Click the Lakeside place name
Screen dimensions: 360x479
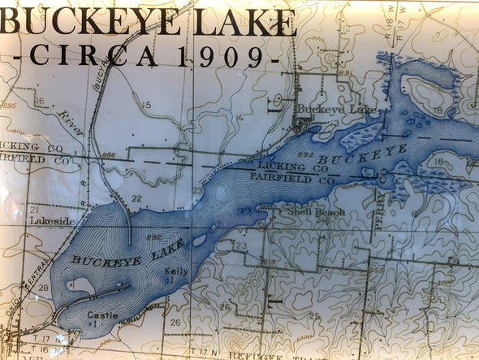[52, 220]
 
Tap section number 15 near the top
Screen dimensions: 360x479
[146, 106]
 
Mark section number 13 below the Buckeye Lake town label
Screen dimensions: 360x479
[334, 123]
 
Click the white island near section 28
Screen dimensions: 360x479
[80, 285]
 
